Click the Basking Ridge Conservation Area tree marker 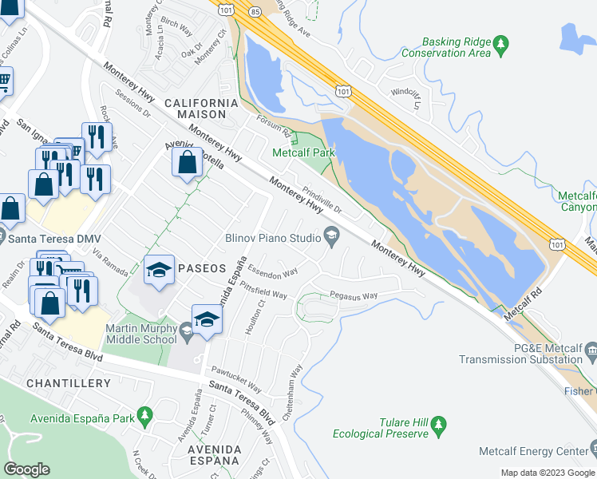(501, 44)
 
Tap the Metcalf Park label (303, 152)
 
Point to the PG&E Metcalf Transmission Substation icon (591, 349)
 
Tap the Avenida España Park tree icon (144, 416)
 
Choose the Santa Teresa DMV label (52, 239)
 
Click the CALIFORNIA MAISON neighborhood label (201, 109)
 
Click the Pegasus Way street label (354, 295)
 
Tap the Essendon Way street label (271, 270)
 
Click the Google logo (26, 469)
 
